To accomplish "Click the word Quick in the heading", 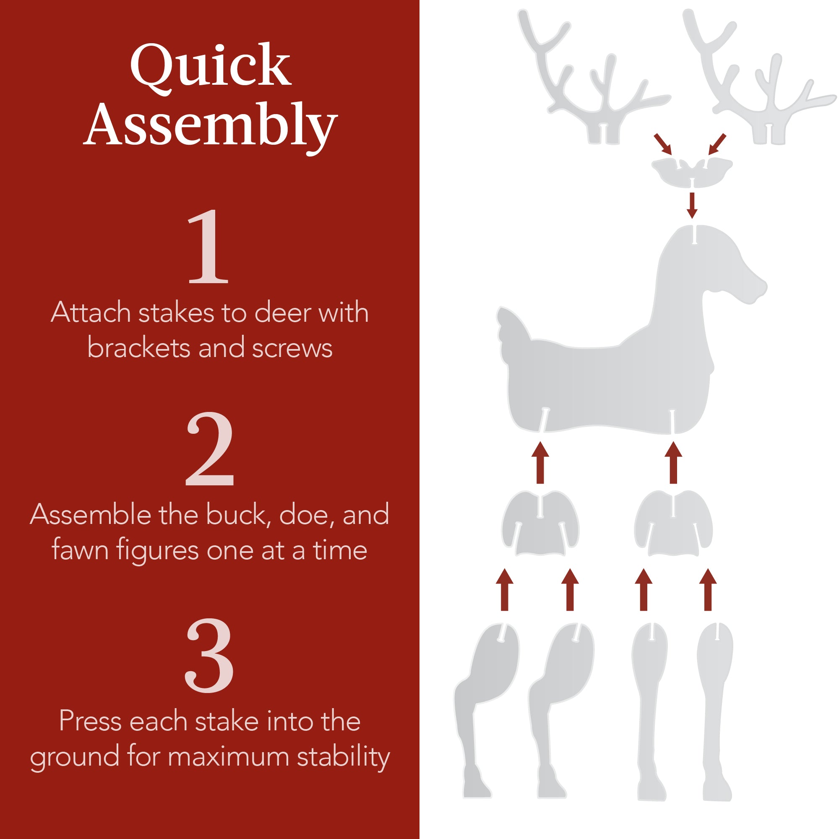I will click(210, 66).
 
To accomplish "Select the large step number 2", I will click(210, 449).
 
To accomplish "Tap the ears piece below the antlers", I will click(692, 172).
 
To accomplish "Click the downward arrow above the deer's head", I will click(692, 205).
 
